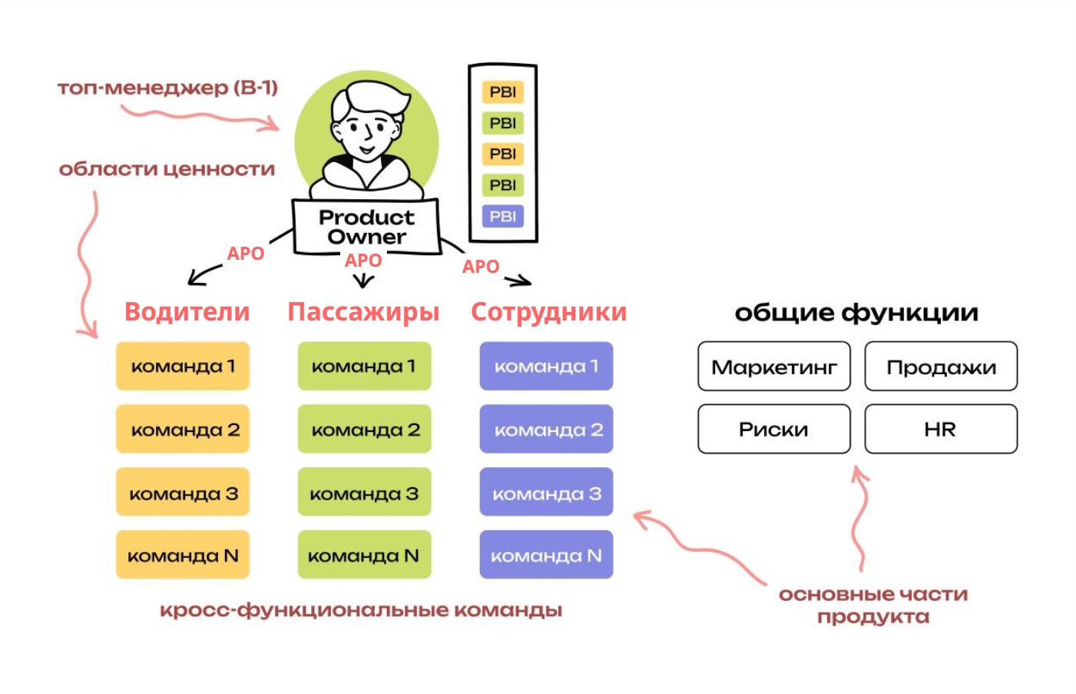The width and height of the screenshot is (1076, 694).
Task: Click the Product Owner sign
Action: coord(366,227)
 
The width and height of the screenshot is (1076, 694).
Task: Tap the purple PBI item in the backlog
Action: coord(502,217)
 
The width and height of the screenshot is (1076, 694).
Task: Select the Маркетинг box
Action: coord(773,367)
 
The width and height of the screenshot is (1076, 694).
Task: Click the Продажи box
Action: coord(941,367)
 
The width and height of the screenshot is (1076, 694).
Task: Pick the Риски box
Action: coord(773,430)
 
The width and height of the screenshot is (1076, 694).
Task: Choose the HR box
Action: coord(941,430)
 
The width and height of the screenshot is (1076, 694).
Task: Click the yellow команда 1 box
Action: coord(183,367)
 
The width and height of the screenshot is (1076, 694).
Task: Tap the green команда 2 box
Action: coord(365,430)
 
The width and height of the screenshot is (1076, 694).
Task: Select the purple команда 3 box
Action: coord(546,493)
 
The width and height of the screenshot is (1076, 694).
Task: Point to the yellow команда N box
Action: coord(183,555)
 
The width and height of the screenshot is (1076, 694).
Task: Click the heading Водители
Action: coord(187,312)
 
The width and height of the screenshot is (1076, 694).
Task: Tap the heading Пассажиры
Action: coord(363,312)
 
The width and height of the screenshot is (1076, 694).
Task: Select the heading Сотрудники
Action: coord(548,312)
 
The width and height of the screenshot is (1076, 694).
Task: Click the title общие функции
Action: coord(856,313)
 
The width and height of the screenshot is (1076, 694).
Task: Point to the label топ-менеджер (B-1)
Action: coord(167,88)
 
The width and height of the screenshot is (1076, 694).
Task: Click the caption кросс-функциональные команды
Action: coord(361,610)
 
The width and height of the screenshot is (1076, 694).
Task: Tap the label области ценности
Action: coord(167,169)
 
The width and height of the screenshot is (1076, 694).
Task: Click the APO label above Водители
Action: coord(246,254)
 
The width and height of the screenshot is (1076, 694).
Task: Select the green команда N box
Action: coord(365,555)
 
